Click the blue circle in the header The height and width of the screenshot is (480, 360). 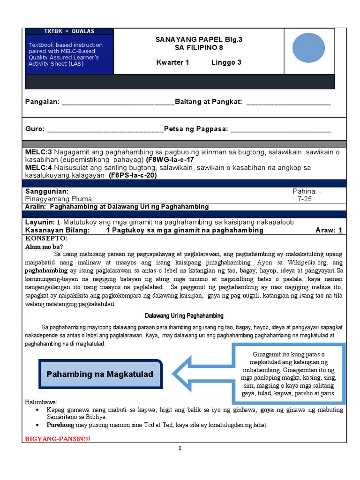pos(308,48)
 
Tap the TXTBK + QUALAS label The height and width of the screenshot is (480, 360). pos(69,31)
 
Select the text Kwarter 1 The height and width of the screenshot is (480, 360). pos(172,63)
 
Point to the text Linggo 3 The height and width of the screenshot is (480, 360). pos(223,63)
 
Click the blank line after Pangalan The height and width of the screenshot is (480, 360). pos(118,103)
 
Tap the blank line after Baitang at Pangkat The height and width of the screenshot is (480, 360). pos(288,103)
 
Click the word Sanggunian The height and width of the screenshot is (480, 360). pos(47,191)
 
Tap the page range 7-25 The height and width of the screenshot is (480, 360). pos(305,199)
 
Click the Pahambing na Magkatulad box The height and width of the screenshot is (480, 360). pos(100,375)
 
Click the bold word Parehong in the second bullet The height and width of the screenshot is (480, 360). pos(60,425)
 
